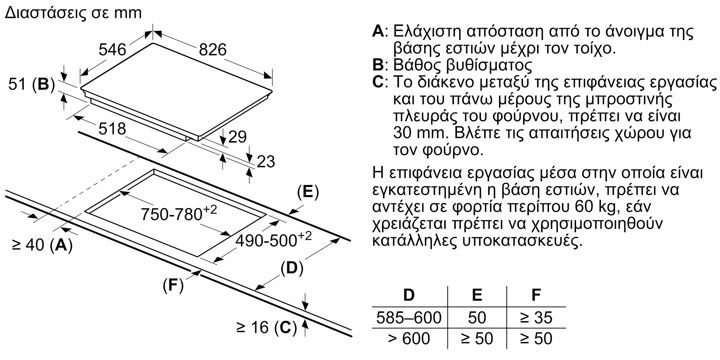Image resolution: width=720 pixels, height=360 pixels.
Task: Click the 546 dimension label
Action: [x=112, y=50]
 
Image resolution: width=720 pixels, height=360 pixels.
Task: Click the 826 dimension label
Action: [x=213, y=50]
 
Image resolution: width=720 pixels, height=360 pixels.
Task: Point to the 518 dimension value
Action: [x=112, y=129]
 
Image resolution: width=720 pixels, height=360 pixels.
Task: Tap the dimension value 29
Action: [x=237, y=137]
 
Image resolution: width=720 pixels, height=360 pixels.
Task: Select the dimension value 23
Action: [x=266, y=162]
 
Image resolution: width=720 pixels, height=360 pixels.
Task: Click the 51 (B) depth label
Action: [x=31, y=84]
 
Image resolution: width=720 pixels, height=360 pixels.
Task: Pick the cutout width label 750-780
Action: [x=179, y=213]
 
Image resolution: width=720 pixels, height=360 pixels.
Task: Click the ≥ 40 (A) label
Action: [x=42, y=245]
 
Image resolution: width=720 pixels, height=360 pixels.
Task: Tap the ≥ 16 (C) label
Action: [x=266, y=327]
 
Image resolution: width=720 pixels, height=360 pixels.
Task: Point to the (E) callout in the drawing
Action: [x=308, y=192]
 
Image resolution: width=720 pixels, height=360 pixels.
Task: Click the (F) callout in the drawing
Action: [x=173, y=285]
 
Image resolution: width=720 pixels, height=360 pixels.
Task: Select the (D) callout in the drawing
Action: [x=292, y=268]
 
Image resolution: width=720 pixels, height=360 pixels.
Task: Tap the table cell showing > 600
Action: [x=409, y=339]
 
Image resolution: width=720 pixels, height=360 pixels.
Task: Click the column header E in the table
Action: [x=477, y=295]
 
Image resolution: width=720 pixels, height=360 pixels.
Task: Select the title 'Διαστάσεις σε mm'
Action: [x=73, y=13]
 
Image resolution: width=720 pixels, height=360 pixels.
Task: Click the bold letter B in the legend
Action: [x=378, y=65]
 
